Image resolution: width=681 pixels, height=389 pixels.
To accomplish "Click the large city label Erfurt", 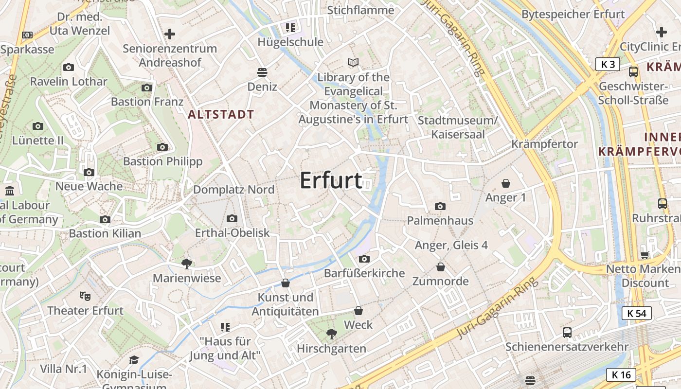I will coord(331,180).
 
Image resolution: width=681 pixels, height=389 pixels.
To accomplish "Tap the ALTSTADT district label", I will coord(221,115).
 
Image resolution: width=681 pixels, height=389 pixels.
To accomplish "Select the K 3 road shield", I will coord(608,64).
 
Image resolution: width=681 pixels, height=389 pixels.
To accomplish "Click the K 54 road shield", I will coord(636,313).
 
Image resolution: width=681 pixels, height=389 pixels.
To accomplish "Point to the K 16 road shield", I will coord(621,374).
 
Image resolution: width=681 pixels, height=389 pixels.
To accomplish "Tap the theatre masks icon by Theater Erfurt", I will coord(85,295).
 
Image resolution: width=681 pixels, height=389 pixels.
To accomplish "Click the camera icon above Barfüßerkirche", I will coord(364,259).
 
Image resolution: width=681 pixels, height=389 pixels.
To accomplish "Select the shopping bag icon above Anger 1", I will coord(506,183).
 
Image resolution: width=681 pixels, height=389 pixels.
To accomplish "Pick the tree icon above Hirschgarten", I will coord(332,334).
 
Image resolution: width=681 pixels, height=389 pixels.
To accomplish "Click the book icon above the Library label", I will coord(353,62).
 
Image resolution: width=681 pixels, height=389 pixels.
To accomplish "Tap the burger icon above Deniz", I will coord(262,72).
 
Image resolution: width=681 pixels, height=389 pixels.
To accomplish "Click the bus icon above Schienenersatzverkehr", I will coord(567,333).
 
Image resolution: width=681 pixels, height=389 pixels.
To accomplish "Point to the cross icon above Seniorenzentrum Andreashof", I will coord(170,34).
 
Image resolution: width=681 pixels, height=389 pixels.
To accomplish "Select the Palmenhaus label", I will coord(440,221).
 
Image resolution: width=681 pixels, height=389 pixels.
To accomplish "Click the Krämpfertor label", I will coord(544,144).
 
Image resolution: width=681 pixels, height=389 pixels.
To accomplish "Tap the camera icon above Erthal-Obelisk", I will coord(232,218).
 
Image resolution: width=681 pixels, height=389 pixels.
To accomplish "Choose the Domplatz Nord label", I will coord(234,190).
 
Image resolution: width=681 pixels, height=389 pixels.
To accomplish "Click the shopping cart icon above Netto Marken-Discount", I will coord(645,254).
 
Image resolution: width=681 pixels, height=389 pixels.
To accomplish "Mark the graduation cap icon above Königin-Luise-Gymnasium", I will coord(134,360).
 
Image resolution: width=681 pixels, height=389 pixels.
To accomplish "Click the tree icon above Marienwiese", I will coord(186,264).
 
